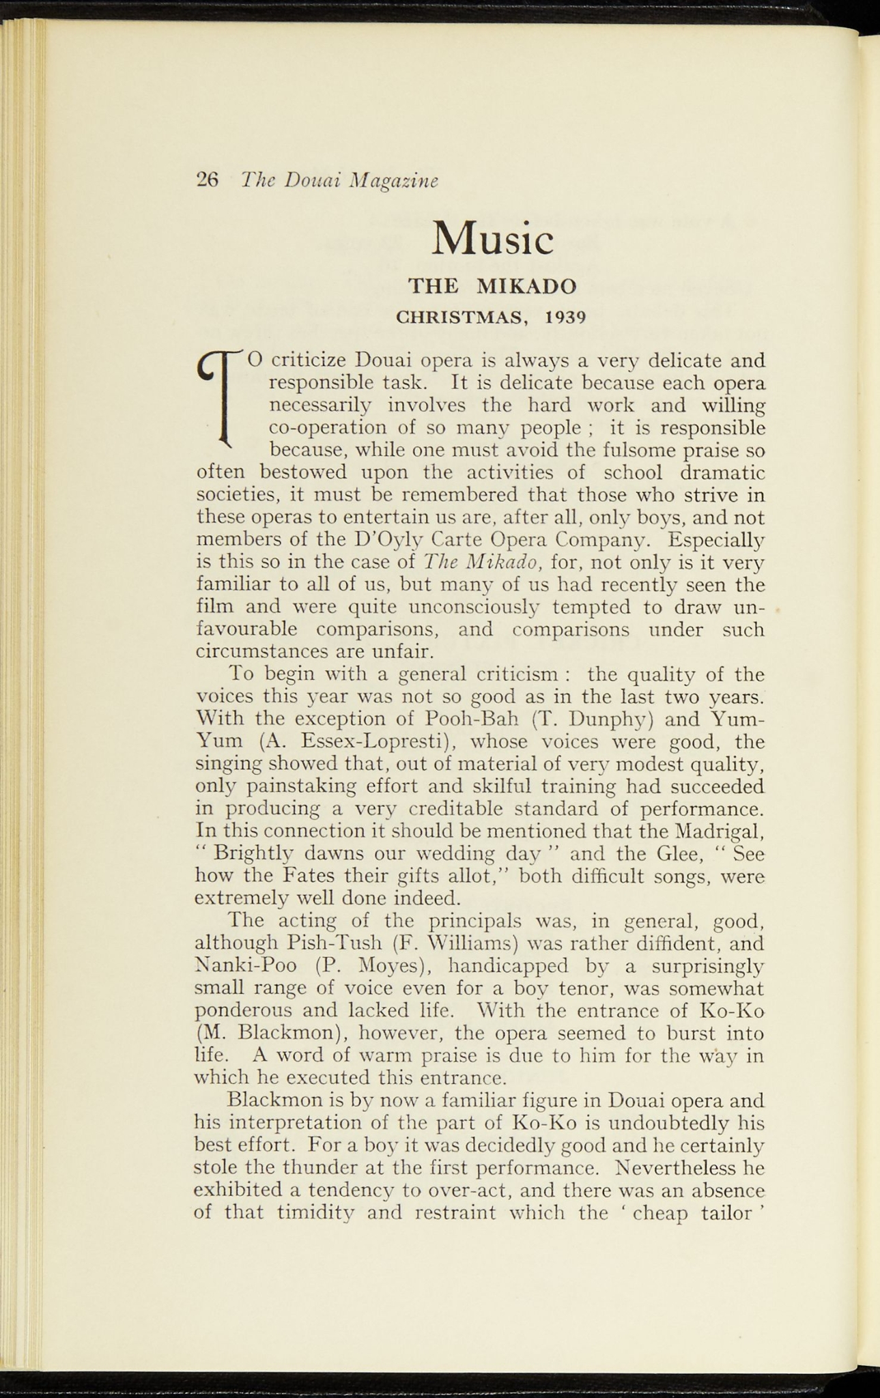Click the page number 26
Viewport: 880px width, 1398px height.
click(x=206, y=180)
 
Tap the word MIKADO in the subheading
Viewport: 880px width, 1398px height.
click(x=526, y=285)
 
